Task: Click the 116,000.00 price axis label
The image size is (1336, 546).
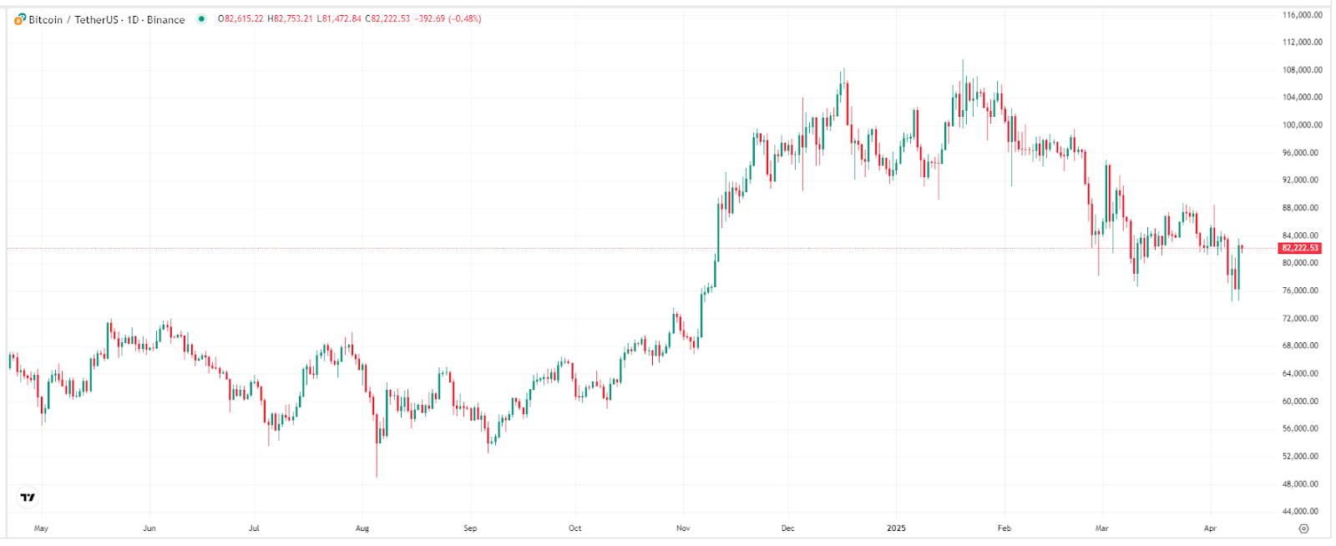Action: point(1302,15)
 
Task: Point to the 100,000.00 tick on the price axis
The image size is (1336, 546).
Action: point(1302,125)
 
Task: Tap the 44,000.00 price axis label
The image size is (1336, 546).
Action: point(1302,512)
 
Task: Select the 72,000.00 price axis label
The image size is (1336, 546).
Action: point(1302,319)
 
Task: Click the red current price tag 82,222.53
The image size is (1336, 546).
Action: point(1300,248)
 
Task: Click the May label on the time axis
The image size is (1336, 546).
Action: point(41,528)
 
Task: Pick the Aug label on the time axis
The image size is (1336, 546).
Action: point(362,528)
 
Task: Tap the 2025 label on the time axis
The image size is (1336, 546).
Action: point(896,528)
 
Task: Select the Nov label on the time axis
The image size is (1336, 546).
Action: point(683,528)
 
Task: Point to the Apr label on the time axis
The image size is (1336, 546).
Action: point(1210,528)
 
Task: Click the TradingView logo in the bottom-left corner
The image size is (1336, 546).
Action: point(28,498)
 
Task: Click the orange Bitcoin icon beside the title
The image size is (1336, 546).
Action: point(20,19)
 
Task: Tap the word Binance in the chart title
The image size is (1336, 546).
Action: point(166,19)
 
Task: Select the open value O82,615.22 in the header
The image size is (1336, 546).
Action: point(240,19)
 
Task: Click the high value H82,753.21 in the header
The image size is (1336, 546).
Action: point(290,19)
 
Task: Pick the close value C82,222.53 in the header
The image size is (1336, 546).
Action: point(387,19)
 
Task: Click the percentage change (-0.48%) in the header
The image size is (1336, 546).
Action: point(464,19)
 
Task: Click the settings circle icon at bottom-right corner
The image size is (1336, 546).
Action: point(1303,528)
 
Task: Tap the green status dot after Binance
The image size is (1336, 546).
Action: point(201,19)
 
